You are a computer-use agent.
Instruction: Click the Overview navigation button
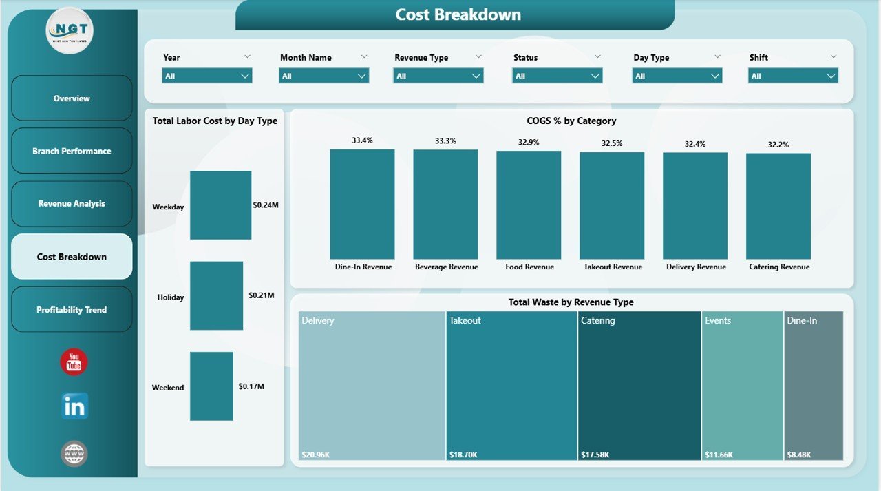(72, 98)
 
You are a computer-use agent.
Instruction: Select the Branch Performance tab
(72, 151)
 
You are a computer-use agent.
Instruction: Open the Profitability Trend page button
(72, 310)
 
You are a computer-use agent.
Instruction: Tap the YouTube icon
(74, 362)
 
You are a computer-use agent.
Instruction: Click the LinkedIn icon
(74, 406)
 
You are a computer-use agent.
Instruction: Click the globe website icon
(74, 454)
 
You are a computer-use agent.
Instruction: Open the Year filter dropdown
(207, 76)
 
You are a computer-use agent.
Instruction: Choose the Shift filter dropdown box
(793, 76)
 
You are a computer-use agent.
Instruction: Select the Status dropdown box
(558, 76)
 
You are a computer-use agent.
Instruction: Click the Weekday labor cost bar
(220, 205)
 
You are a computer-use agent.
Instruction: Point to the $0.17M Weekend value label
(251, 386)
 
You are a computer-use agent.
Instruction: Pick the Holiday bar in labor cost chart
(216, 295)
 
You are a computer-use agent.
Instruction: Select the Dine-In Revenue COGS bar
(362, 204)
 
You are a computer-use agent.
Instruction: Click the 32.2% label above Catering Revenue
(778, 145)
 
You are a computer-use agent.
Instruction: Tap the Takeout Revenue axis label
(613, 267)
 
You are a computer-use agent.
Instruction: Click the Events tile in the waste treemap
(742, 386)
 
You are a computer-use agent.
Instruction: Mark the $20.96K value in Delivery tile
(317, 455)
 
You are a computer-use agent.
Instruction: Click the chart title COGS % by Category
(571, 121)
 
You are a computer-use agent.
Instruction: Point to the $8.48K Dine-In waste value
(799, 455)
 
